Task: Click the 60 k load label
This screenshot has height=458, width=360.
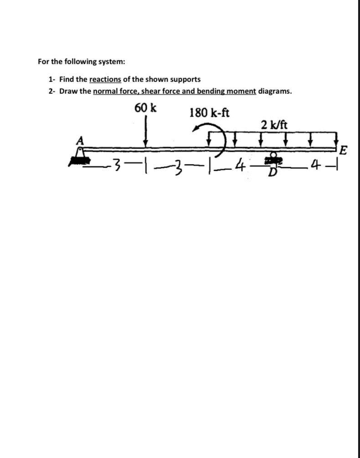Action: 145,108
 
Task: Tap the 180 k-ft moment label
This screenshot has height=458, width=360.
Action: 209,112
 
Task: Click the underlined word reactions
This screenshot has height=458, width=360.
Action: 105,79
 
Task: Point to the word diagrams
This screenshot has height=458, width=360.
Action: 275,91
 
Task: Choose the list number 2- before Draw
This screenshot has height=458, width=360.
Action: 52,91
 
